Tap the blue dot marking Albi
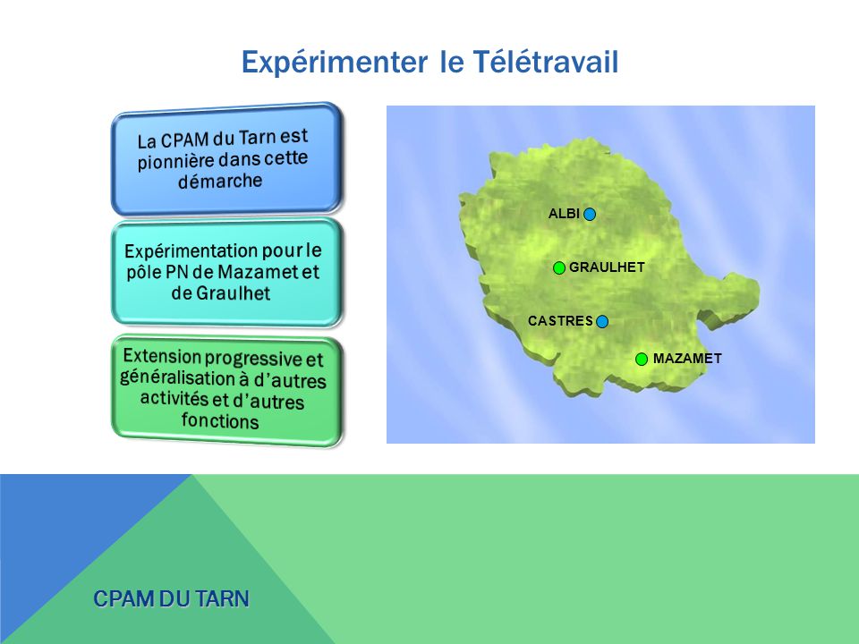589,213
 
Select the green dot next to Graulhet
558,267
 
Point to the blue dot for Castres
602,321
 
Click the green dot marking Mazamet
642,359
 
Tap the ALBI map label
564,213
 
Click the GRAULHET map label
607,267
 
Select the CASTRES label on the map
560,320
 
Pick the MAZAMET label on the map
686,359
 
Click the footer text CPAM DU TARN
172,598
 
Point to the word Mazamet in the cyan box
255,272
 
